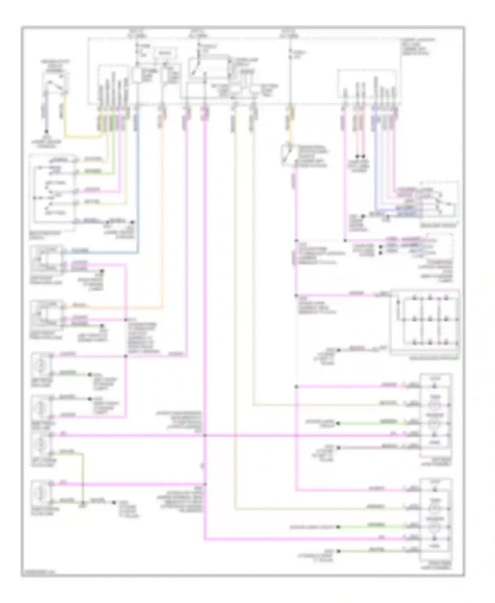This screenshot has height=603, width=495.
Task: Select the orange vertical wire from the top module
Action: pos(162,211)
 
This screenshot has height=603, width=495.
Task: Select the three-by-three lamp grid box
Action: pos(425,322)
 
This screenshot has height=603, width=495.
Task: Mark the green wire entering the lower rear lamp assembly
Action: pos(370,527)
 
